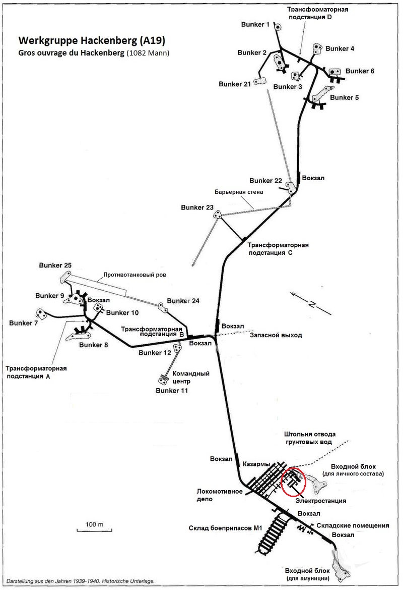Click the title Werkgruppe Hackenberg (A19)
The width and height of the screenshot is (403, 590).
click(x=91, y=40)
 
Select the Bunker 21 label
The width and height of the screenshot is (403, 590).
click(x=234, y=84)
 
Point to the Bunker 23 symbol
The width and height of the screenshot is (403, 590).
click(x=218, y=216)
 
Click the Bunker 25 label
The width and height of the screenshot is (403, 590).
click(x=55, y=265)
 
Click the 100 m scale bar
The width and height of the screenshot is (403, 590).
click(x=91, y=529)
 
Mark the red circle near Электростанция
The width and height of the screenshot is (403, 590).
click(x=294, y=481)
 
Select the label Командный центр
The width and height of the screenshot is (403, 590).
click(x=191, y=378)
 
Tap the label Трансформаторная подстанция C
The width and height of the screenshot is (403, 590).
click(x=278, y=249)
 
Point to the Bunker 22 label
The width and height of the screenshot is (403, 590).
click(x=265, y=181)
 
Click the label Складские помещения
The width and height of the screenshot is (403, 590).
click(x=353, y=525)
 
